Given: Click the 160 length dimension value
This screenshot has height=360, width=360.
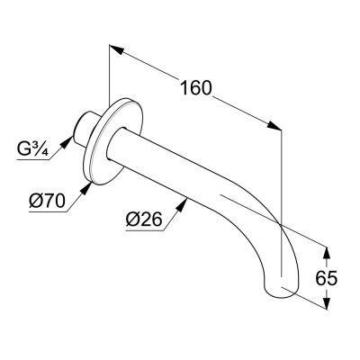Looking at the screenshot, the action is (x=195, y=88).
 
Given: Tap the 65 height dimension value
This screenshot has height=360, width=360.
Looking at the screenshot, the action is (x=327, y=279).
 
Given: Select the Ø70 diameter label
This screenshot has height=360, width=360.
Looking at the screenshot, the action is (x=47, y=201).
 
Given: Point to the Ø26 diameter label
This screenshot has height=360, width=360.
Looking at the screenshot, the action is (x=144, y=220).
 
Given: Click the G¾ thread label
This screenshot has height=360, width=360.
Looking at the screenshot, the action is (x=32, y=149).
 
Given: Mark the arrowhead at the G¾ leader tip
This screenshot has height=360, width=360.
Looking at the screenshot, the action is (x=67, y=142).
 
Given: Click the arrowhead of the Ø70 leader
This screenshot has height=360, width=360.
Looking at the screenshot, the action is (x=86, y=189).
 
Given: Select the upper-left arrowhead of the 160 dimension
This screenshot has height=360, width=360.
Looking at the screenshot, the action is (x=116, y=49).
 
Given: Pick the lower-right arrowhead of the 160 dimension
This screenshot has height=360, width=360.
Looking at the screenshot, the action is (x=274, y=126).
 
